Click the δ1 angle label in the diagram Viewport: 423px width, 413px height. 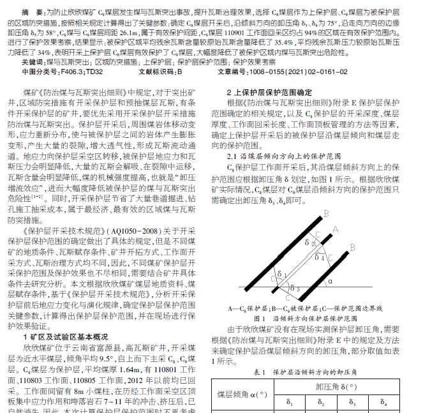coord(278,273)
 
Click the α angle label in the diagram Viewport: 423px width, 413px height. coord(330,280)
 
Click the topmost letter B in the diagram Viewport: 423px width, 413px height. coord(326,214)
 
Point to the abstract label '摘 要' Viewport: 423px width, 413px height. coord(32,11)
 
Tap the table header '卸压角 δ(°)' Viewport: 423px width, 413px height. coord(335,386)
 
